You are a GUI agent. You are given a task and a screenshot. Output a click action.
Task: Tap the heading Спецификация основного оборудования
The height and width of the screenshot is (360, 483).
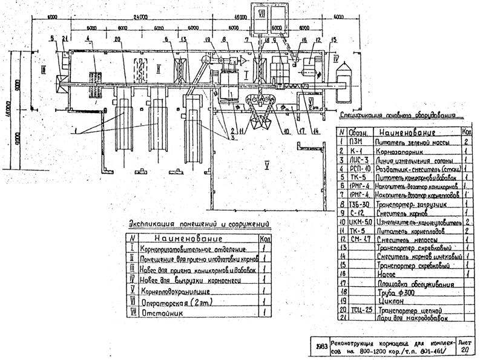pos(400,114)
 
